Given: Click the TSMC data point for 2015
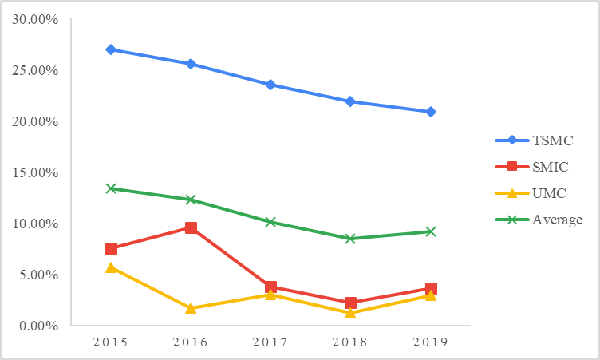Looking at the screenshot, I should coord(111,49).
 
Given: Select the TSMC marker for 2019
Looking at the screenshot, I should coord(431,112).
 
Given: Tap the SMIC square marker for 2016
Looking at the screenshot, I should coord(191,228).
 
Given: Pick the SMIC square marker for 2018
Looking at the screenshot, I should coord(350,303).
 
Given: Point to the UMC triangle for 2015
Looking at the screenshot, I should coord(111,267).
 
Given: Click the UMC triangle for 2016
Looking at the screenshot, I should coord(191,308).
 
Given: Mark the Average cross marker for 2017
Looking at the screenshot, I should coord(270,222).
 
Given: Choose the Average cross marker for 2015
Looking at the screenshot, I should coord(111,188).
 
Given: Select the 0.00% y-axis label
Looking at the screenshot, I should coord(37,326).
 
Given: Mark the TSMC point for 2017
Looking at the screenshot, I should coord(270,85).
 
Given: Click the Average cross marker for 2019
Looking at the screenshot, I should coord(431,231).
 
